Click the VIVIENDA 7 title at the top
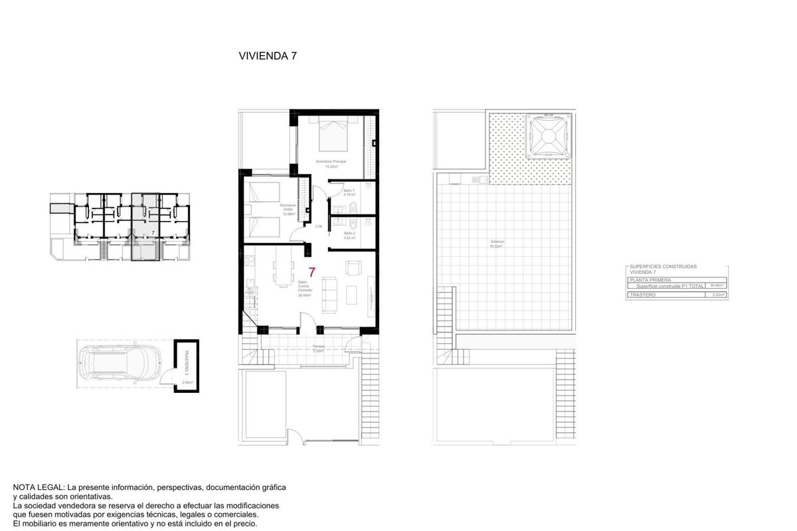[267, 56]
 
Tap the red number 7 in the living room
[311, 271]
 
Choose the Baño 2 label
[351, 234]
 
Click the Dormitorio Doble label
[288, 209]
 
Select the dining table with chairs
[282, 273]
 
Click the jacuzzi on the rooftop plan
[548, 135]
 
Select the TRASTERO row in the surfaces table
[676, 294]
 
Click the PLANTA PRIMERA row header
[676, 280]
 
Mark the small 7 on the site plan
[153, 233]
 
